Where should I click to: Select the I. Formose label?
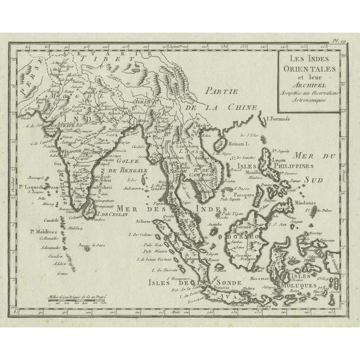[x=277, y=119]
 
